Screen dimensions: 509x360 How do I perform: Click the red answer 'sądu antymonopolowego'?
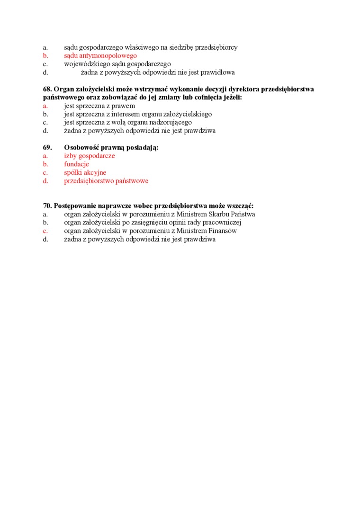(100, 56)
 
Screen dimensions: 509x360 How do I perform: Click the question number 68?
(47, 89)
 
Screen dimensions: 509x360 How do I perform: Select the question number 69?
(47, 147)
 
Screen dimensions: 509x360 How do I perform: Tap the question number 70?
(47, 206)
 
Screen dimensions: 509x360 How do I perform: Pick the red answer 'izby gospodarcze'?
(90, 156)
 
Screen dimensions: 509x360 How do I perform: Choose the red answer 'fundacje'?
(77, 164)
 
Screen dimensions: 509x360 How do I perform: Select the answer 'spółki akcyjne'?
(85, 173)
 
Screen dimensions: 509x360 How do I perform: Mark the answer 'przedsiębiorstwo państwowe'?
(106, 181)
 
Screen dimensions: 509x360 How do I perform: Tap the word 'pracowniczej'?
(224, 223)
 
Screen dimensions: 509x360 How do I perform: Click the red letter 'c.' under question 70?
(45, 231)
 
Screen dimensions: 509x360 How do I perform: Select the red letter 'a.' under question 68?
(45, 106)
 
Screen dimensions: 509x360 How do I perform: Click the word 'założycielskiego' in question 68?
(188, 114)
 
